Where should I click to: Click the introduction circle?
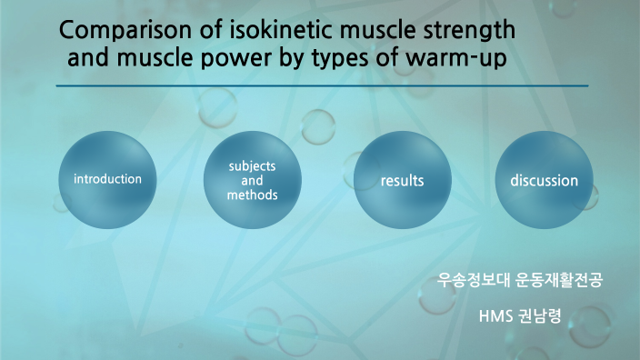pos(107,179)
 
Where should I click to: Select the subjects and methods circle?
pos(252,181)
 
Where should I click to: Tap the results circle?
pos(403,180)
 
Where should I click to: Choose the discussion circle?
pos(544,180)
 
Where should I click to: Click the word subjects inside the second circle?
pos(252,167)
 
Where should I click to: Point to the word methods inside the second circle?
pos(252,195)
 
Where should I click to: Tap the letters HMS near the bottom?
pos(495,317)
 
